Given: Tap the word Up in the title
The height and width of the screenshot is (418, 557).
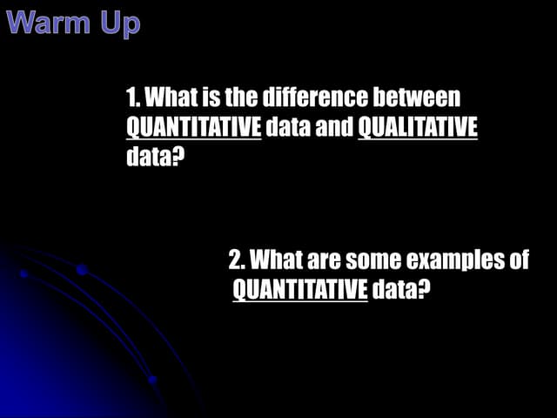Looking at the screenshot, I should click(116, 24).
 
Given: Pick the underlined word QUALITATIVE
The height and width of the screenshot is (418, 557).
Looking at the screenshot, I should click(418, 127).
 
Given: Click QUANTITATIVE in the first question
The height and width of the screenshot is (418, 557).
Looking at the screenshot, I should click(194, 127).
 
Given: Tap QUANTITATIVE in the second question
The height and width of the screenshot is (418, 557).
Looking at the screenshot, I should click(300, 289).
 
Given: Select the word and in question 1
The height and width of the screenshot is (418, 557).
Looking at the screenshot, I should click(334, 127).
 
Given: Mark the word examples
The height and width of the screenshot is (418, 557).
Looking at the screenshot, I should click(453, 260).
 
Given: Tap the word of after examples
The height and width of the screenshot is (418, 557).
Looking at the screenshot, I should click(518, 260).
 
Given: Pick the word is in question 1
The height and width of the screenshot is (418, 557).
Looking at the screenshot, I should click(215, 98).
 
